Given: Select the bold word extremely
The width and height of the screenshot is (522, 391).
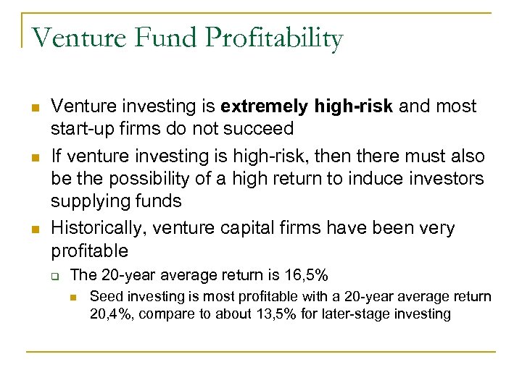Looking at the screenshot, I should tap(265, 106).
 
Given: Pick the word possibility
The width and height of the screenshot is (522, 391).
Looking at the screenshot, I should tap(167, 179).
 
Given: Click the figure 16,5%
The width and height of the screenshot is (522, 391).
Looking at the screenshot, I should tap(300, 275).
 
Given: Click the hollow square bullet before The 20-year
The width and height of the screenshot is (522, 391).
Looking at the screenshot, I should tap(56, 276).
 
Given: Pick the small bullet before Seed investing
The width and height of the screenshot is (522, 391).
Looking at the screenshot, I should tap(75, 297).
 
